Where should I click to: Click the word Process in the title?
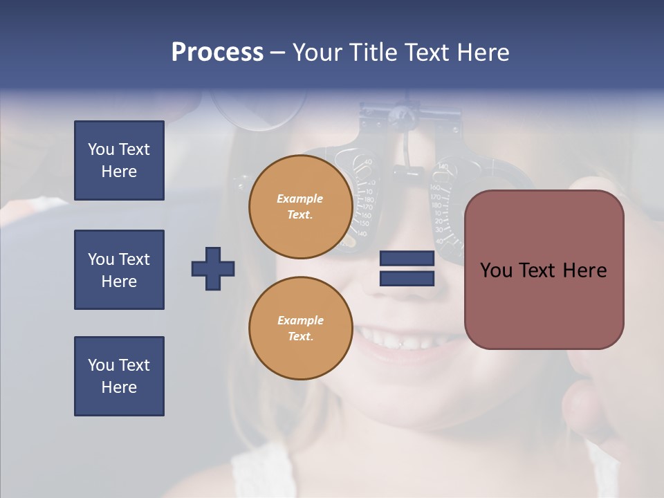coord(217,53)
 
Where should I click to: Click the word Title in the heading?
coord(373,53)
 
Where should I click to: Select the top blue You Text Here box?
coord(119,160)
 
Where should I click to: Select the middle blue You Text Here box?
coord(119,270)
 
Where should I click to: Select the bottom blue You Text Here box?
coord(119,376)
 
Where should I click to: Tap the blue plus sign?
coord(213,268)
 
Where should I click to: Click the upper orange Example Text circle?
coord(301,207)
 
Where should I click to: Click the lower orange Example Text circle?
coord(301,329)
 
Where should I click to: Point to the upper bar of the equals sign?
coord(407,259)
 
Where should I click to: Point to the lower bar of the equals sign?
coord(407,278)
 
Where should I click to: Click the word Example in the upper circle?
coord(300,199)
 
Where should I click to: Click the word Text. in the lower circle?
coord(300,337)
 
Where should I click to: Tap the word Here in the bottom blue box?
coord(119,387)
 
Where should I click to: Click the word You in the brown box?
coord(496,270)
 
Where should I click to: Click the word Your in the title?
coord(317,53)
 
